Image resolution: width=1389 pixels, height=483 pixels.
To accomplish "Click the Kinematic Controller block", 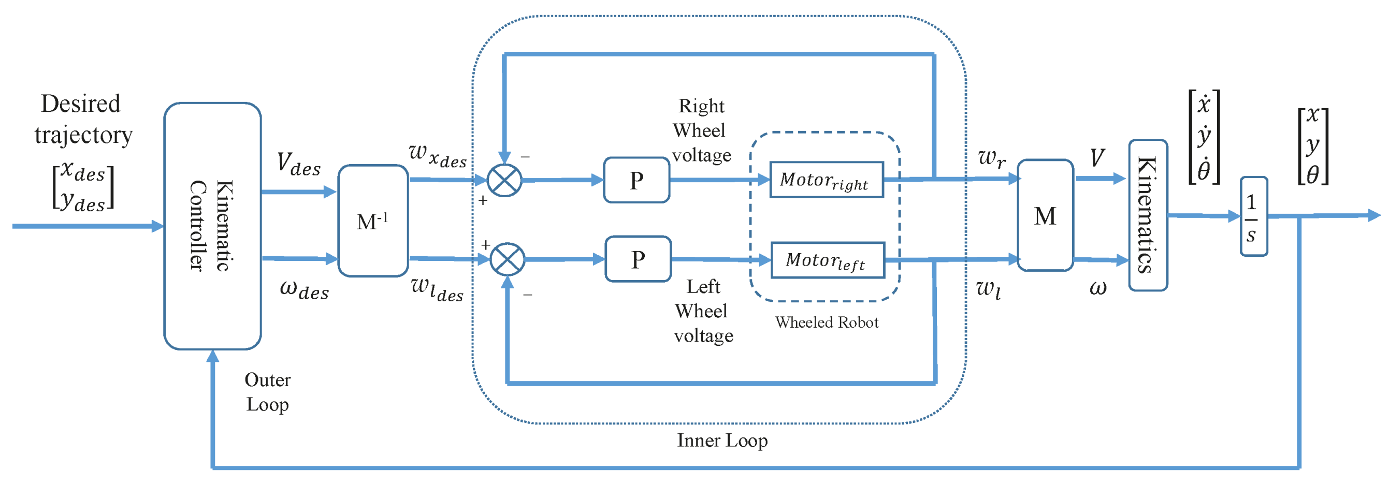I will pos(212,226).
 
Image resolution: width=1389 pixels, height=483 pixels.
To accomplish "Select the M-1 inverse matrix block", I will pos(372,221).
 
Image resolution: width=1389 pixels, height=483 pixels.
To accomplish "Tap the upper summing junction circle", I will pos(504,180).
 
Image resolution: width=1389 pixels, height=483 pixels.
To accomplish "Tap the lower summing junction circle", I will pos(507,259).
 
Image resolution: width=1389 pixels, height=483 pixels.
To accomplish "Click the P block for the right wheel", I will pos(636,180).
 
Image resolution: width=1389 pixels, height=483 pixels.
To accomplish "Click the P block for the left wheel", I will pos(638,259).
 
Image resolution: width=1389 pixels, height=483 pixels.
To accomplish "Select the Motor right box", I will pos(826,180).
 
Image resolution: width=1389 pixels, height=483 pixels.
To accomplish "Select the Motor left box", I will pos(827,260).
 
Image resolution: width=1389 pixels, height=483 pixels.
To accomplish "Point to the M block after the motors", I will pos(1045,216).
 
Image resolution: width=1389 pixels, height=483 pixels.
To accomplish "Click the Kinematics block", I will pos(1148,216).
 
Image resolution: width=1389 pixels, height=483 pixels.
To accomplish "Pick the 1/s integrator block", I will pos(1253,217).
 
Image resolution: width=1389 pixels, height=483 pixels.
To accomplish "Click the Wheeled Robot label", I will pos(827,323).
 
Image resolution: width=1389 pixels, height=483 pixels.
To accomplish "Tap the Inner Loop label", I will pos(722,441).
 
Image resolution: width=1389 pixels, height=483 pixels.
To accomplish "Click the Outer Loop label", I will pos(267,392).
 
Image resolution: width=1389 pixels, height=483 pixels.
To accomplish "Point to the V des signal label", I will pos(298,164).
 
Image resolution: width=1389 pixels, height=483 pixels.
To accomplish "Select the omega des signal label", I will pos(304,289).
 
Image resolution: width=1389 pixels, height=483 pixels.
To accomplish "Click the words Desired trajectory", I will pos(82,119).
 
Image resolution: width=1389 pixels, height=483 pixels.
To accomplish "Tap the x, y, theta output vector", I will pos(1312,145).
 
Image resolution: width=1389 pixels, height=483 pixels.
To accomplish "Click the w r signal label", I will pos(991,158).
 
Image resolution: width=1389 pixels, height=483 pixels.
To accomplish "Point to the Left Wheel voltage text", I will pos(703,311).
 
